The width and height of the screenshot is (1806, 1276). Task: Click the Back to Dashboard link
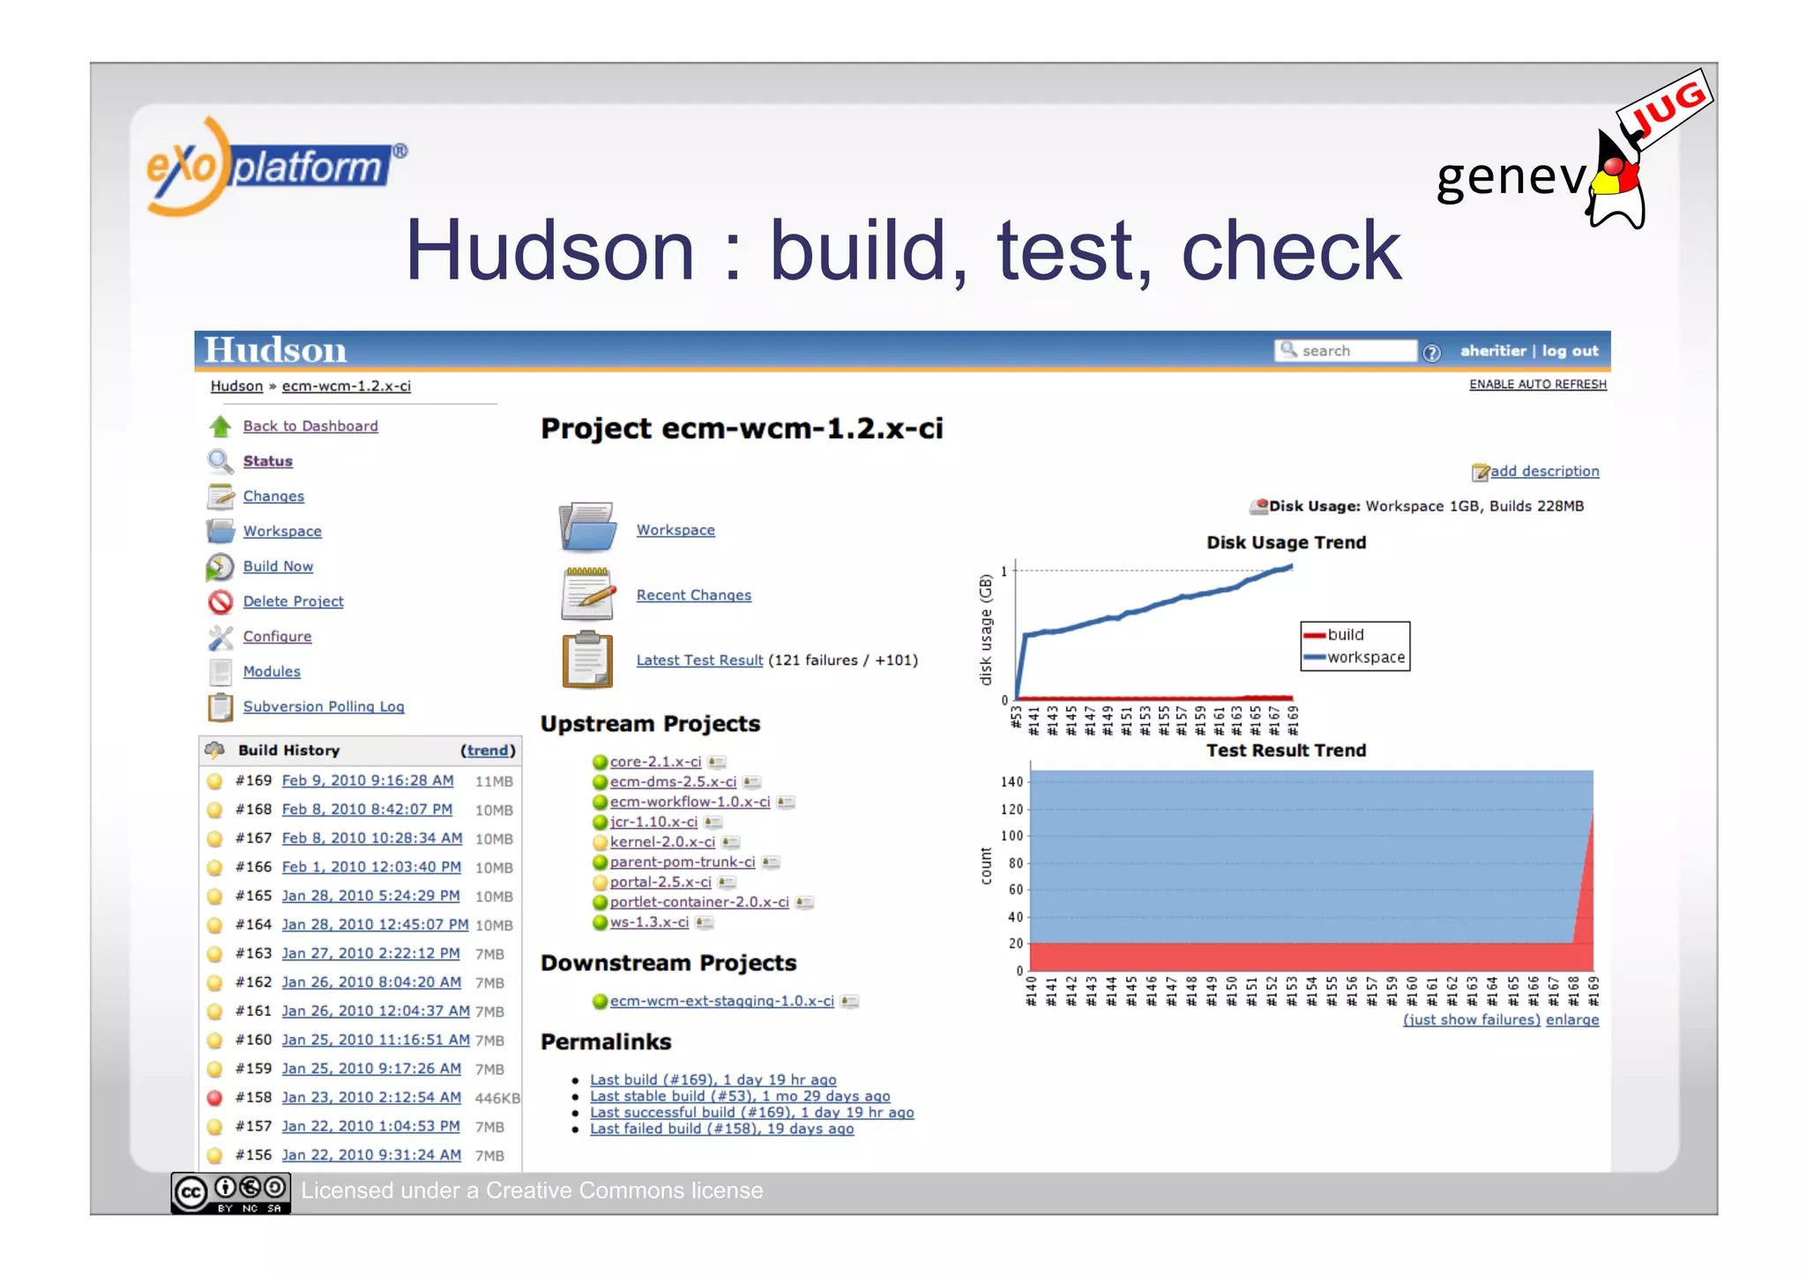coord(310,426)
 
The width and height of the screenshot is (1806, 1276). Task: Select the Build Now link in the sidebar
coord(278,566)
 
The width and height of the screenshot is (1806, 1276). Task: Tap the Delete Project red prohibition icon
coord(220,601)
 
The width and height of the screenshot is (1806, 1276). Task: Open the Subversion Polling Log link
coord(323,706)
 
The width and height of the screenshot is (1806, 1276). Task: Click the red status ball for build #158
coord(214,1098)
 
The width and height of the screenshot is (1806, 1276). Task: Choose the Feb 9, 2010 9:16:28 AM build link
coord(367,780)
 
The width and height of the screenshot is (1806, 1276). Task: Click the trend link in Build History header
coord(487,750)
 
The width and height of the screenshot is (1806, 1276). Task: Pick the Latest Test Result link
coord(699,660)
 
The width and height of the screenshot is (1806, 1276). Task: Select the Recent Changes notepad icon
coord(587,594)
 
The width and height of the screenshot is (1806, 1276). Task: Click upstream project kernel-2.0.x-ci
coord(661,842)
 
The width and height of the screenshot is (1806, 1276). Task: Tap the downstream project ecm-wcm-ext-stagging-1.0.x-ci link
coord(721,1001)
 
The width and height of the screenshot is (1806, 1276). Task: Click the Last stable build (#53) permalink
coord(739,1096)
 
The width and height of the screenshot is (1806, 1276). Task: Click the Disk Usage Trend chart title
coord(1286,542)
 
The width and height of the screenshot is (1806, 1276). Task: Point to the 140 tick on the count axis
coord(1011,782)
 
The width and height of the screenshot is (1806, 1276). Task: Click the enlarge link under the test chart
coord(1571,1020)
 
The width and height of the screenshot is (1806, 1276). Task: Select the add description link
coord(1543,471)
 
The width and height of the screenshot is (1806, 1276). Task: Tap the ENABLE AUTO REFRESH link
coord(1537,384)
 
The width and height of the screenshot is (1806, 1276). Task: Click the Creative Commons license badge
coord(230,1193)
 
